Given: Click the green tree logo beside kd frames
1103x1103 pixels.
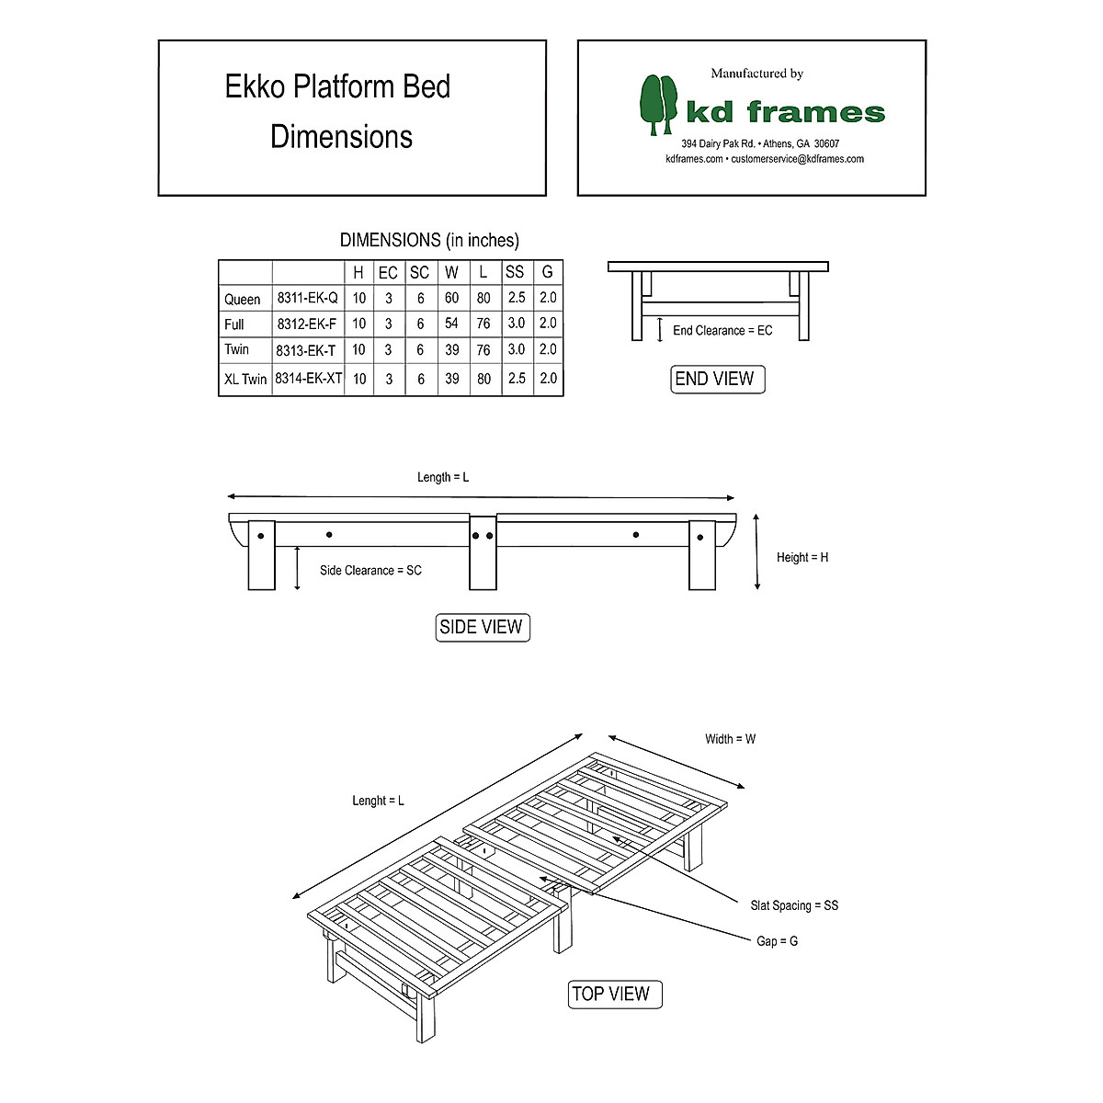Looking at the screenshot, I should pos(658,104).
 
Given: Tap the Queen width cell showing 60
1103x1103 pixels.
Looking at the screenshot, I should pos(451,298).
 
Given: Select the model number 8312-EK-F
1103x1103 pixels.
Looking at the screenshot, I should pos(307,324).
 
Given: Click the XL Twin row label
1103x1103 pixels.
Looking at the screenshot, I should pos(245,379).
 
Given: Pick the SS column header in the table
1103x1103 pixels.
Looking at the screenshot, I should pos(515,272).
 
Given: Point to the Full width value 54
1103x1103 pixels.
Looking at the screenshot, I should pos(451,324).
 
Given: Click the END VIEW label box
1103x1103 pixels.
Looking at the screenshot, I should pos(714,379).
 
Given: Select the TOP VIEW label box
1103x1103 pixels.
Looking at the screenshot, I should pos(610,994).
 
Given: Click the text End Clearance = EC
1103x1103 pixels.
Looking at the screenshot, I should pos(722,330).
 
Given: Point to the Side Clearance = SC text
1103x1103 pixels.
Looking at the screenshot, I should pos(370,571).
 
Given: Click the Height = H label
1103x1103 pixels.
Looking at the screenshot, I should pos(802,557).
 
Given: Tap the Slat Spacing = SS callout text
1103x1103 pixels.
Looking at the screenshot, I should pos(794,905).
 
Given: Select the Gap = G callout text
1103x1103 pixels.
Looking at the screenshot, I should pos(777,941).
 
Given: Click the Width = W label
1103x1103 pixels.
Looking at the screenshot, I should pos(730,739).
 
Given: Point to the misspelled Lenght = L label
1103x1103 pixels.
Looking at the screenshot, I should pos(378,801).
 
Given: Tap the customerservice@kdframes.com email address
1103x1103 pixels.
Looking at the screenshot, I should pos(797,159).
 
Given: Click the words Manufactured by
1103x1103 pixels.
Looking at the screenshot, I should pos(756,74).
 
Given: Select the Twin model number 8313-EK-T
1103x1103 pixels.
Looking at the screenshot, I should pos(306,350).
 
